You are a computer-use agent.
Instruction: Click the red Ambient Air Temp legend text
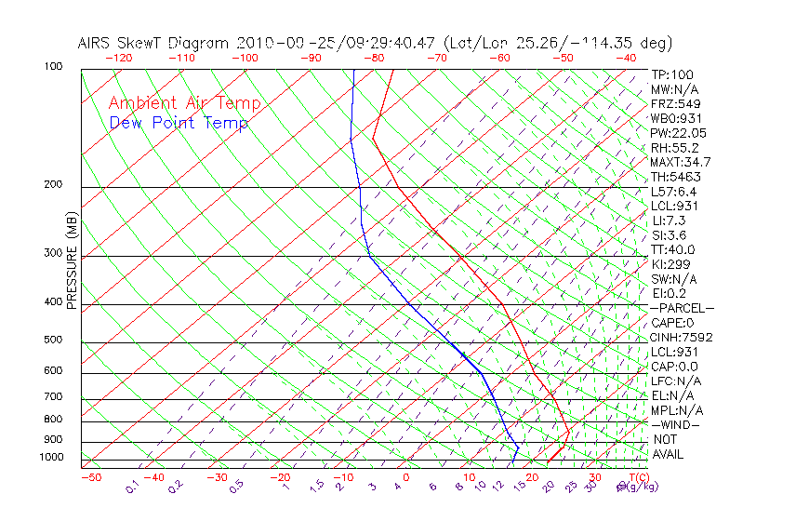(x=185, y=103)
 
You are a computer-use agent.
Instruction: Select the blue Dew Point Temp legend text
(x=179, y=123)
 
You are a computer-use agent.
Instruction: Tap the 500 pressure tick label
(x=54, y=341)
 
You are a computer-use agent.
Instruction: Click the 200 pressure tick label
(x=54, y=185)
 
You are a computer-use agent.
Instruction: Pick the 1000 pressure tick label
(x=51, y=458)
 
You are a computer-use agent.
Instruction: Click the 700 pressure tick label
(x=54, y=397)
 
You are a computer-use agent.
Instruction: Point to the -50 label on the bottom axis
(x=90, y=477)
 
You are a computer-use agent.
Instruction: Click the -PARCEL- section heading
(x=683, y=308)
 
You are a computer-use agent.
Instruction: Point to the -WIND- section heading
(x=676, y=424)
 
